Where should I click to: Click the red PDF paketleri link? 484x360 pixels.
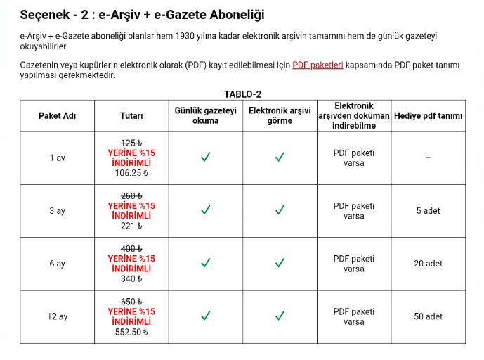click(x=318, y=65)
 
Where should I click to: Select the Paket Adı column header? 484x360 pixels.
click(x=57, y=116)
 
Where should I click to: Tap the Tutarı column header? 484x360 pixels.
click(x=131, y=116)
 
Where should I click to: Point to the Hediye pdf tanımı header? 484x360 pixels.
click(x=428, y=116)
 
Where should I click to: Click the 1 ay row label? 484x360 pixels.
click(x=57, y=158)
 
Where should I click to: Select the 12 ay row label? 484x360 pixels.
click(x=57, y=316)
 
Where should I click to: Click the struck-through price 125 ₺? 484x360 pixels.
click(x=131, y=143)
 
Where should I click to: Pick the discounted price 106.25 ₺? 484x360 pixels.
click(x=131, y=173)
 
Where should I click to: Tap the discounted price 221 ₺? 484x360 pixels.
click(x=131, y=226)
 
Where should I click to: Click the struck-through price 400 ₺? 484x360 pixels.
click(x=131, y=248)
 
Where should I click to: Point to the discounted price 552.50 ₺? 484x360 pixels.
click(x=131, y=331)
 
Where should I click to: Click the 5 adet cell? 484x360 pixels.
click(x=428, y=211)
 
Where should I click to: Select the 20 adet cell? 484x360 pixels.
click(x=428, y=264)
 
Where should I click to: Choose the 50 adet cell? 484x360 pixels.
click(x=428, y=316)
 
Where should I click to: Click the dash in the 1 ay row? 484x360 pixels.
click(x=428, y=158)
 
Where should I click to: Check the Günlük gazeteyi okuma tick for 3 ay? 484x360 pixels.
click(x=206, y=210)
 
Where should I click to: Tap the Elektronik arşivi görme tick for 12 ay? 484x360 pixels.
click(x=280, y=316)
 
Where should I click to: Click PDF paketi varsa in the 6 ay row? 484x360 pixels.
click(x=354, y=264)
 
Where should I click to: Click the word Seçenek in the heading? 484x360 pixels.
click(x=44, y=15)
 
